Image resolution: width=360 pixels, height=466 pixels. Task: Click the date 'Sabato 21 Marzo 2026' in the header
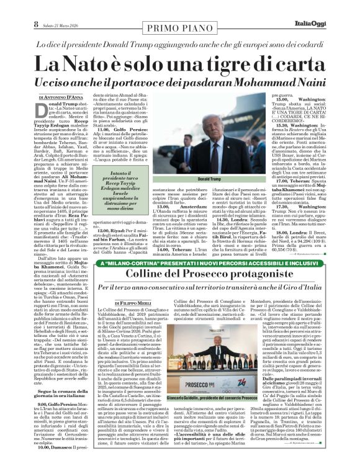pos(60,7)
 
